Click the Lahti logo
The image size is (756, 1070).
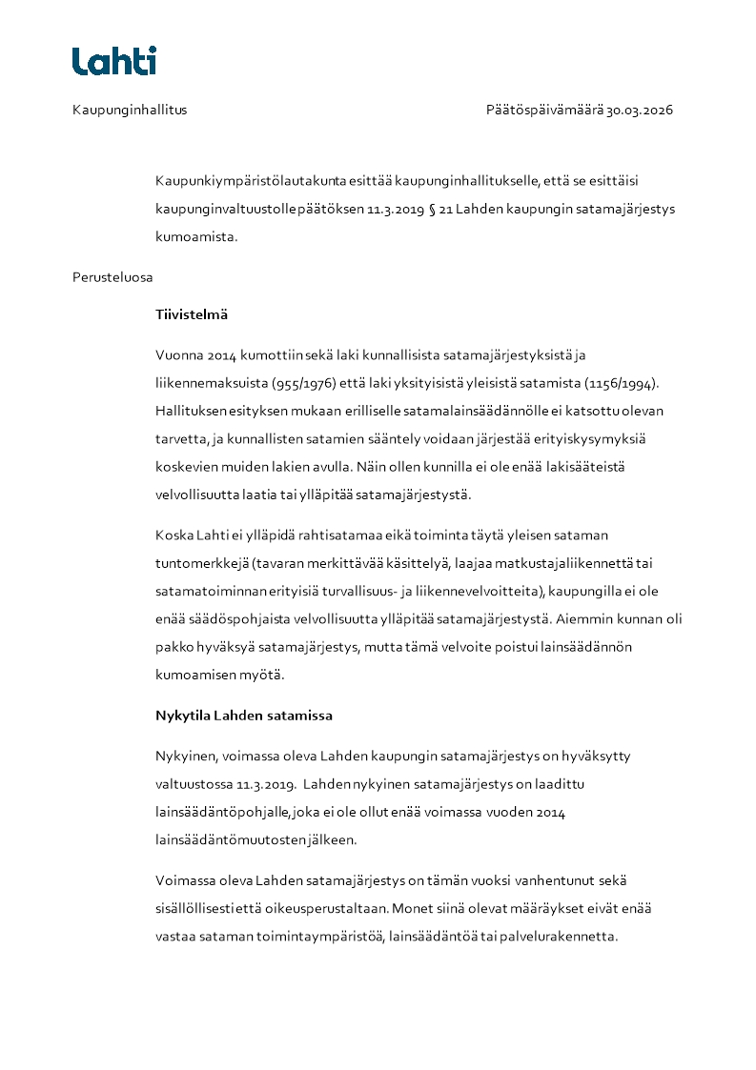tap(114, 61)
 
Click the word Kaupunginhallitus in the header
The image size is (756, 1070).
tap(130, 110)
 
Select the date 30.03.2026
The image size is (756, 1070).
tap(640, 110)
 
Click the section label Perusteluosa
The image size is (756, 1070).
tap(112, 277)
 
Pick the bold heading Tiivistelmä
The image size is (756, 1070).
tap(192, 314)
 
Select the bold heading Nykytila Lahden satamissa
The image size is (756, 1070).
tap(244, 715)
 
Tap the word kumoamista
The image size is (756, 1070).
tap(196, 237)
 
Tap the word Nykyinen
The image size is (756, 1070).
tap(185, 756)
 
